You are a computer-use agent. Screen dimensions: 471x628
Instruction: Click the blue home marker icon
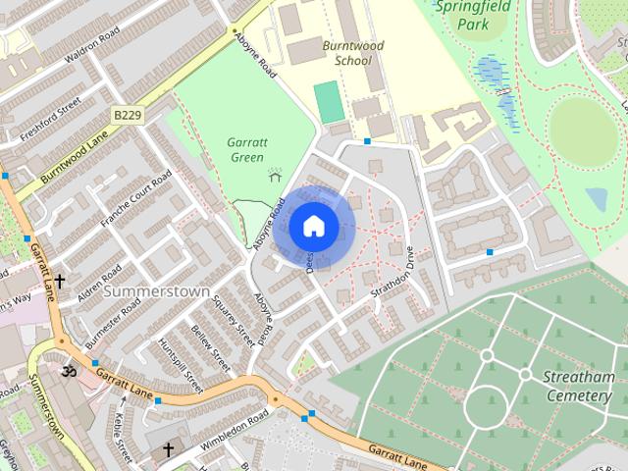[x=313, y=227]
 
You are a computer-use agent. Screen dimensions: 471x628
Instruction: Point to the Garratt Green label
[x=246, y=149]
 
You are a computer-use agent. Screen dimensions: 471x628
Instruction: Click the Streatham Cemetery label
[x=578, y=386]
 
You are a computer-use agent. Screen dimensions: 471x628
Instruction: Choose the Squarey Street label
[x=234, y=321]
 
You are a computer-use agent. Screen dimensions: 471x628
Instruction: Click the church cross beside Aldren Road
[x=60, y=282]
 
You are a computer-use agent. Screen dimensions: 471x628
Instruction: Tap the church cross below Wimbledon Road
[x=168, y=450]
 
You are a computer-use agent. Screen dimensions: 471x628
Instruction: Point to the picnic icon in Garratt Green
[x=275, y=174]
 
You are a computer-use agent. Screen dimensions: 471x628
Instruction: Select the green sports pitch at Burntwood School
[x=330, y=100]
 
